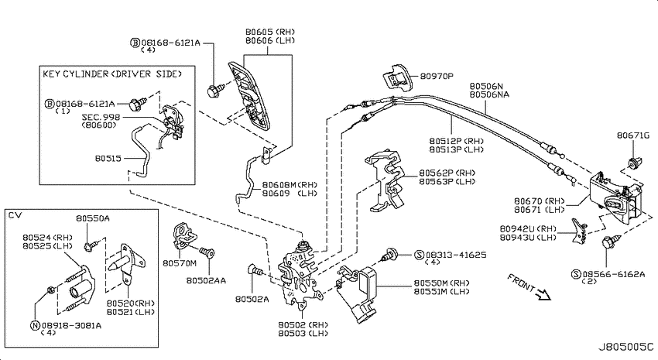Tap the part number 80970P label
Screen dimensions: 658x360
click(437, 77)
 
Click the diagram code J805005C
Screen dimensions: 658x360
click(625, 348)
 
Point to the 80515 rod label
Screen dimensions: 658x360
click(108, 158)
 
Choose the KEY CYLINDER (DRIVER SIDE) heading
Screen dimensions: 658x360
click(112, 74)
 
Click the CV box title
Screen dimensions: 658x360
click(15, 215)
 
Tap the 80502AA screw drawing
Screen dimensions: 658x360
click(207, 253)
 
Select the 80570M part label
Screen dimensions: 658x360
click(179, 263)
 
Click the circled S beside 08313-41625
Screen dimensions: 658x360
click(420, 255)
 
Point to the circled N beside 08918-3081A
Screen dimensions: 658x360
click(36, 326)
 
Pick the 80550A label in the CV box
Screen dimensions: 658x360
click(93, 218)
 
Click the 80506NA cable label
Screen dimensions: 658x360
click(489, 94)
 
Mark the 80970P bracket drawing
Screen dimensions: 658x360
click(397, 77)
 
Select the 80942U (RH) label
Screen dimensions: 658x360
click(528, 229)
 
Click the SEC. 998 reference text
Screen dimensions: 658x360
click(101, 117)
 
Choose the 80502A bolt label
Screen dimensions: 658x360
click(252, 299)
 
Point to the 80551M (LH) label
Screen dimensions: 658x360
click(441, 292)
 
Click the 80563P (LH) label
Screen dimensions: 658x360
click(447, 182)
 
